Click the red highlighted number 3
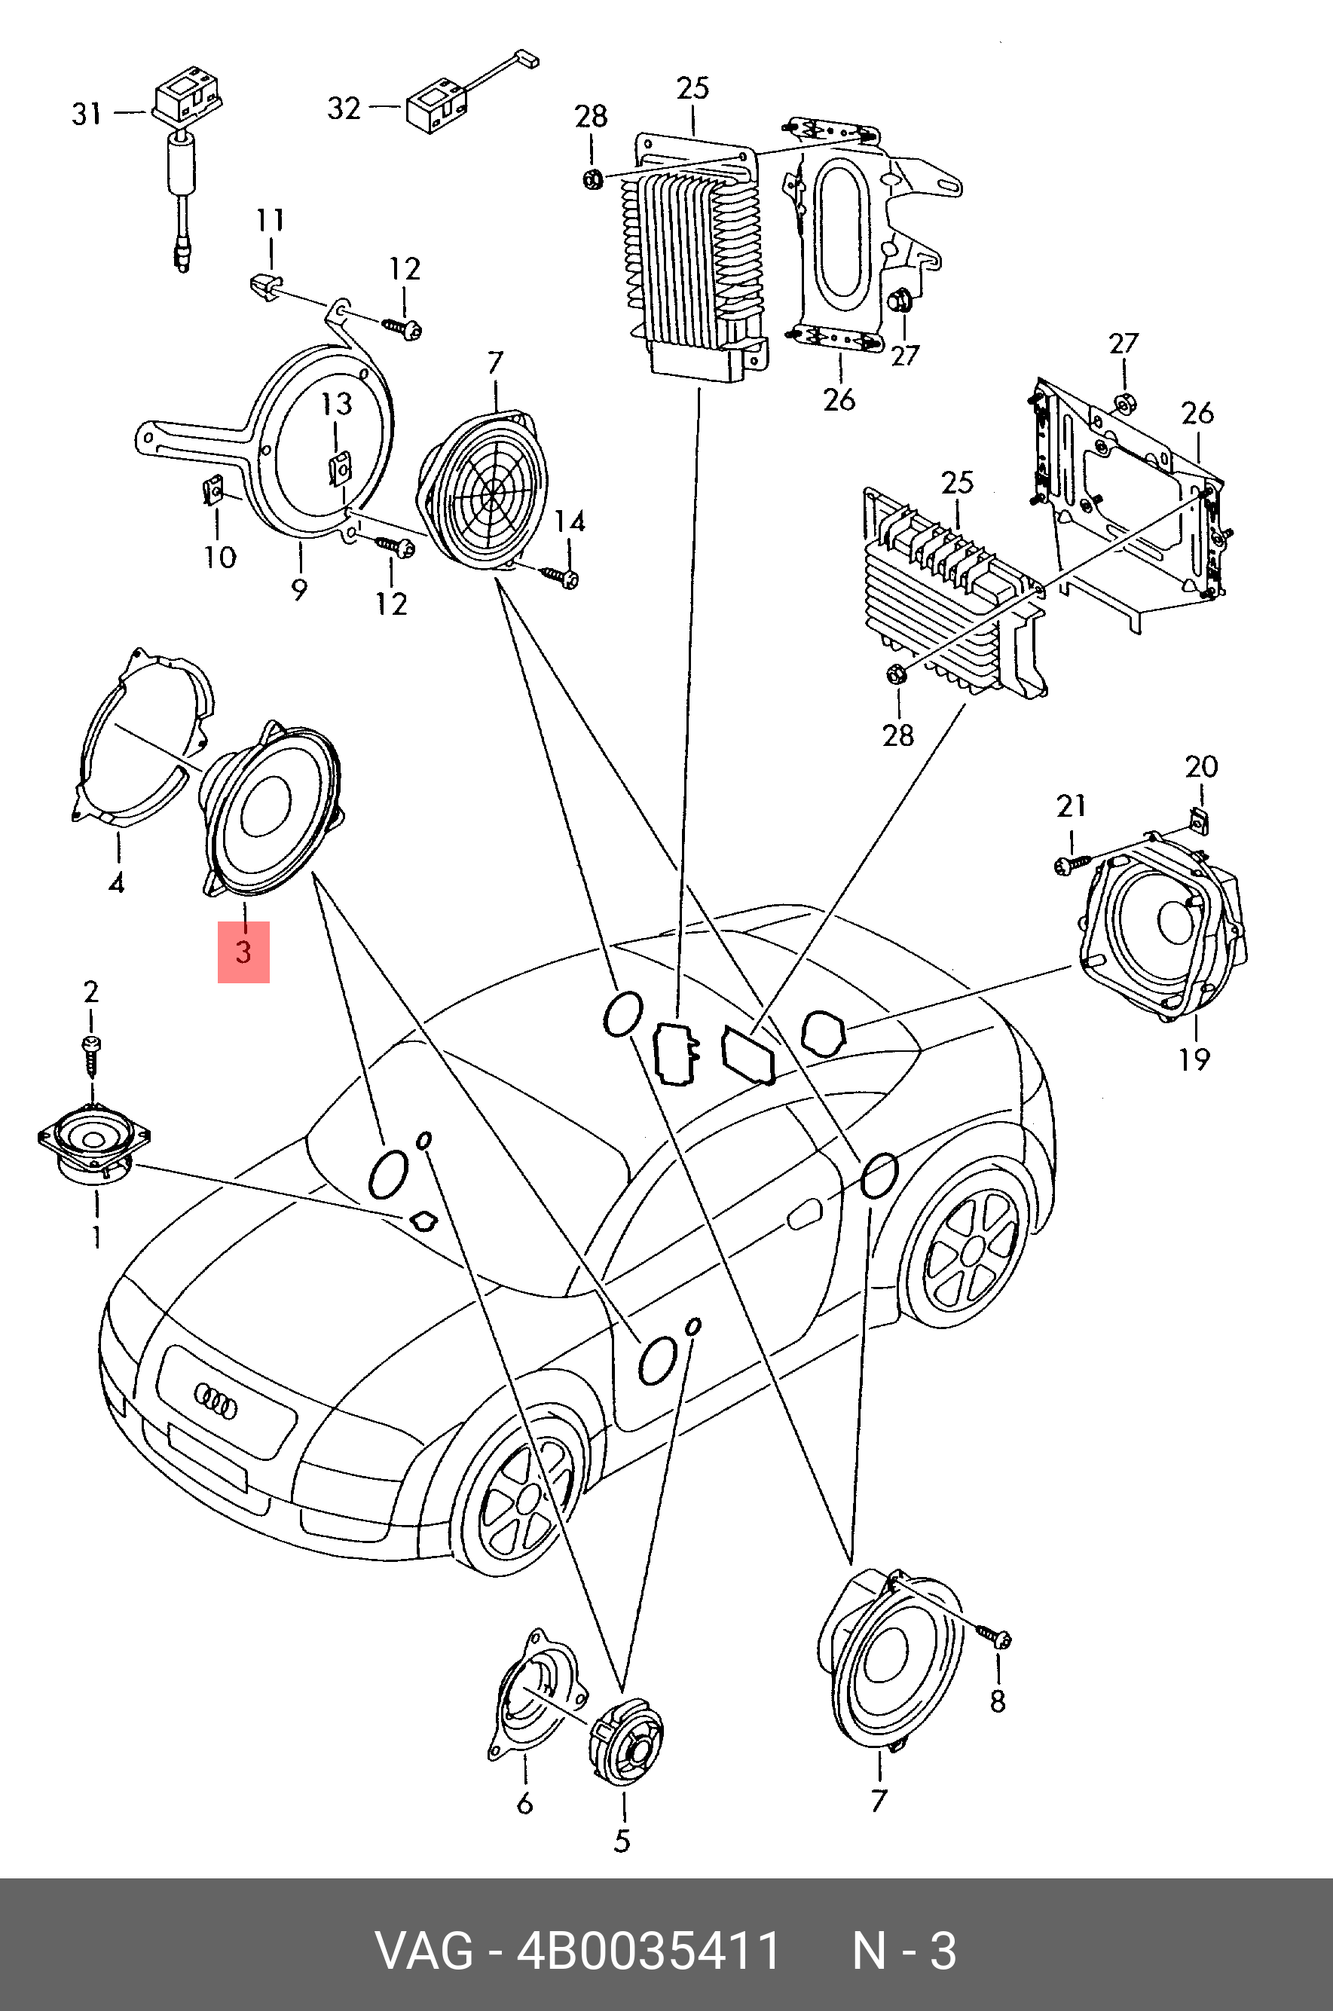(x=243, y=951)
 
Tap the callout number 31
(x=87, y=113)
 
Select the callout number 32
(x=344, y=108)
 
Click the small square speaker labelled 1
(x=93, y=1143)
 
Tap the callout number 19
(x=1194, y=1059)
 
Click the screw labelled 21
(x=1069, y=865)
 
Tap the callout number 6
(x=524, y=1801)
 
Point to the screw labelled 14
(x=562, y=577)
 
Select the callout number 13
(x=337, y=404)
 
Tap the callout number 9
(x=299, y=589)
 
